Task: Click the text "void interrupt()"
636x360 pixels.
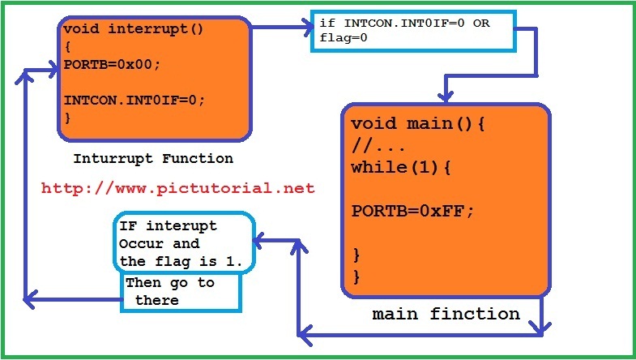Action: click(133, 29)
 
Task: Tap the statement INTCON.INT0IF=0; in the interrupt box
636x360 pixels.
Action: click(134, 100)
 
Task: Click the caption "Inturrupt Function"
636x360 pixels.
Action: click(153, 159)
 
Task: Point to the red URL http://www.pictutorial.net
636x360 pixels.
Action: click(177, 189)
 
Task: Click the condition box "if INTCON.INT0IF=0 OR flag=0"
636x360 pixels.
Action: click(412, 31)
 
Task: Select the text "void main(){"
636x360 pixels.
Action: click(417, 124)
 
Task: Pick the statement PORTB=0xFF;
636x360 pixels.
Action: click(412, 211)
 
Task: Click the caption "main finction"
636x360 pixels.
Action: click(446, 314)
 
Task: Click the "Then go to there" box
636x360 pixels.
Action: click(181, 292)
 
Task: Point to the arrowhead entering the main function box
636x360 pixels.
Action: click(444, 94)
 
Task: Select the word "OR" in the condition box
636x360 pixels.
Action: click(481, 24)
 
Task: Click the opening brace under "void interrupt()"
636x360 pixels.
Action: click(68, 47)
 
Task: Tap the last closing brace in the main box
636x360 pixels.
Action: click(356, 276)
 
